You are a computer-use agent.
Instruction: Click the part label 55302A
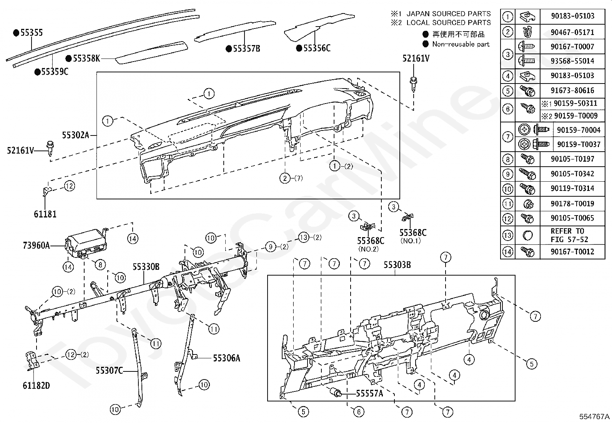[75, 135]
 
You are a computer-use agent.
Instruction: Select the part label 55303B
[397, 265]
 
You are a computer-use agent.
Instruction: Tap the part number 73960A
[36, 245]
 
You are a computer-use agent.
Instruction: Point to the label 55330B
[146, 266]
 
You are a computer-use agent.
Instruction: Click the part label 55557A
[369, 393]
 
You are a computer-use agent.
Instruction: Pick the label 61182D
[36, 385]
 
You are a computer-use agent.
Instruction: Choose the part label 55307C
[109, 371]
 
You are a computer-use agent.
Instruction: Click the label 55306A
[227, 358]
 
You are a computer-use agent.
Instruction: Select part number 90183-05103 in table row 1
[572, 16]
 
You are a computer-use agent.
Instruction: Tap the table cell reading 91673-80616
[572, 91]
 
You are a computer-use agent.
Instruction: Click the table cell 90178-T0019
[572, 204]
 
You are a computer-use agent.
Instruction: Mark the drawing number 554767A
[595, 416]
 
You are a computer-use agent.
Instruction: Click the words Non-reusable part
[461, 44]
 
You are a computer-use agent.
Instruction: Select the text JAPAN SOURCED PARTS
[449, 14]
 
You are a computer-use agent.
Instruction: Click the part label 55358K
[86, 59]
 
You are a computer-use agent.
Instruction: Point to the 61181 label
[45, 214]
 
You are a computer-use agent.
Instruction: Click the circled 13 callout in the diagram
[304, 237]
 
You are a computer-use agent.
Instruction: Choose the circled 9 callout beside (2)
[271, 246]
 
